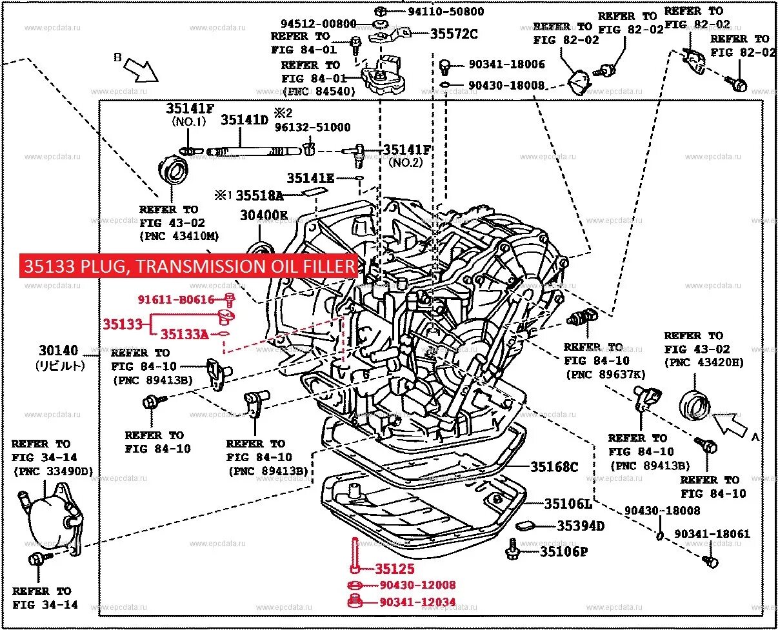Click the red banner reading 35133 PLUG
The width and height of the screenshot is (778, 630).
(x=190, y=266)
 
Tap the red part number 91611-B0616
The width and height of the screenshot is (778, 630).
(x=175, y=299)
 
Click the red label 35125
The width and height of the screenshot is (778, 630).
(x=395, y=569)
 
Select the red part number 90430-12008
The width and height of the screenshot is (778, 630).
(x=417, y=585)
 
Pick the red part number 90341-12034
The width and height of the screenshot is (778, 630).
(x=417, y=602)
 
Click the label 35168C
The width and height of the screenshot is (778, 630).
(x=554, y=467)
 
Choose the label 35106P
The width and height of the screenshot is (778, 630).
(x=563, y=551)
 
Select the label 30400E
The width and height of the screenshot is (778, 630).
(x=264, y=215)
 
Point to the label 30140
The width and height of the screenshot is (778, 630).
(x=58, y=351)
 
